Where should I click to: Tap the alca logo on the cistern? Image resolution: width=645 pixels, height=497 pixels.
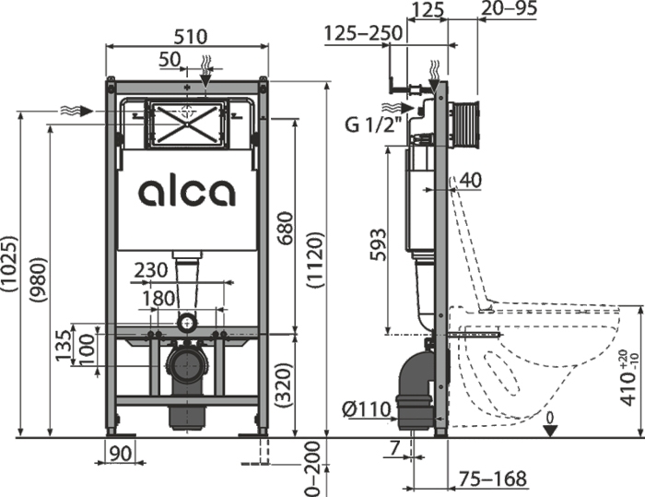point(187,192)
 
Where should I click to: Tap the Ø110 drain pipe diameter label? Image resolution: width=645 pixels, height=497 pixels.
point(371,409)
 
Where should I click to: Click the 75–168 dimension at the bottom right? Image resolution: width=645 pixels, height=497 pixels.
point(492,479)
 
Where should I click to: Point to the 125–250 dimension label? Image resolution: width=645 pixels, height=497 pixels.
point(363,34)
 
